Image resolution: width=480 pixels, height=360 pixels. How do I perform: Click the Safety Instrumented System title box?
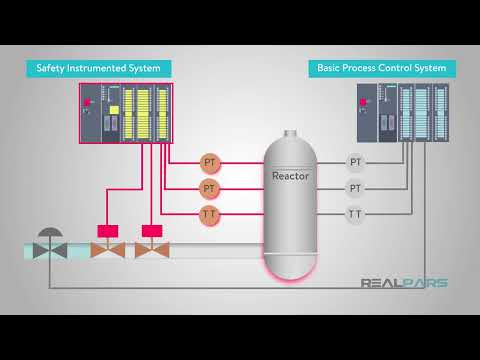pos(98,69)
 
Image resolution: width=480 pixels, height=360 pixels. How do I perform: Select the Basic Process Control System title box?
pos(382,69)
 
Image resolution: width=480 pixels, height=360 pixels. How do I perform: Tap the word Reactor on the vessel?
pos(291,176)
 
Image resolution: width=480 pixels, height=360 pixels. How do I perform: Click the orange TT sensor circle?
pos(210,214)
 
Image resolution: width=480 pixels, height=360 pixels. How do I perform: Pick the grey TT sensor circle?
pos(355,214)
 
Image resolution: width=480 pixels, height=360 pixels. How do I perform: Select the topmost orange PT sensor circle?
pos(210,162)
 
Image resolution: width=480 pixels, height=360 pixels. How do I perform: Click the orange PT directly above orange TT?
pos(210,188)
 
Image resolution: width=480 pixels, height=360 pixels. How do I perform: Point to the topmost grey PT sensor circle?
pos(355,162)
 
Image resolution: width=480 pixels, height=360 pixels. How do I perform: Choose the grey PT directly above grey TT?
pos(355,188)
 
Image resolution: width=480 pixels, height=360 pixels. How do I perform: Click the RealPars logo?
pos(404,283)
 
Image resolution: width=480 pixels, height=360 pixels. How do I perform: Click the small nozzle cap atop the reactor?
pos(290,133)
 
